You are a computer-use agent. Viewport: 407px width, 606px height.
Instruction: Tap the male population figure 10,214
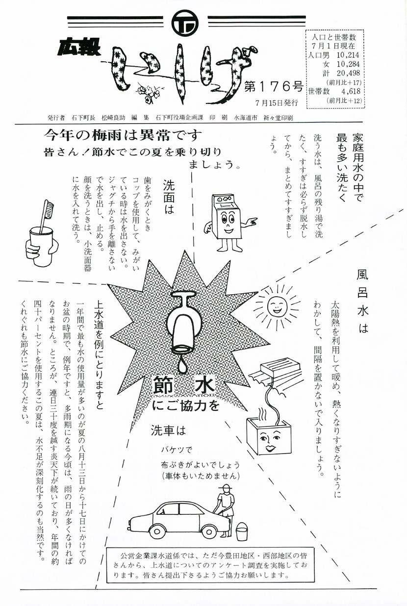tap(348, 55)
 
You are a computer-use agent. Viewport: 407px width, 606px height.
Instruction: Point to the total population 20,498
tap(348, 73)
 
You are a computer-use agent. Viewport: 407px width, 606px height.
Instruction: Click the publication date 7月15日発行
tap(276, 103)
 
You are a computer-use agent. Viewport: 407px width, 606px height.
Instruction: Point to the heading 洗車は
tap(168, 430)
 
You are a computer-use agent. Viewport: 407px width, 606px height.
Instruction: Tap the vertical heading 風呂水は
tap(362, 302)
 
